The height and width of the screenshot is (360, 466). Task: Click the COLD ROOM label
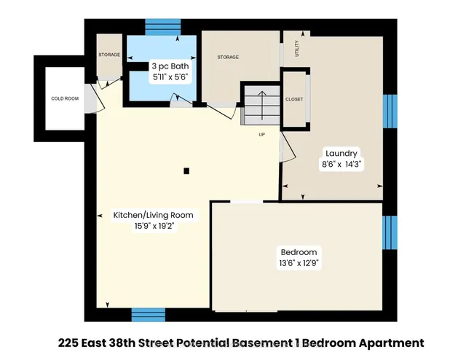[x=64, y=98]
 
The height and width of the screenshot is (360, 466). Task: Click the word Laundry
[x=341, y=153]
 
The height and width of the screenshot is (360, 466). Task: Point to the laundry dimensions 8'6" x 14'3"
[x=341, y=165]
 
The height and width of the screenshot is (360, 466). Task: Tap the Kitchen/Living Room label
[x=153, y=215]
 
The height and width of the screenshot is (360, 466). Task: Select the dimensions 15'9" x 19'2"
[x=153, y=226]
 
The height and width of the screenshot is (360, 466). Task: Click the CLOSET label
[x=294, y=99]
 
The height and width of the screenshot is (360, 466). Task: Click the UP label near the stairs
[x=261, y=135]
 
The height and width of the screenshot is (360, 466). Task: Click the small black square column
[x=186, y=171]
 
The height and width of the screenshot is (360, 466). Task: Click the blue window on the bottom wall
[x=148, y=314]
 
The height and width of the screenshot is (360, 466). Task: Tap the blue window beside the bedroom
[x=390, y=233]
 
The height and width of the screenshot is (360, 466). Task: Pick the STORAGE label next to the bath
[x=109, y=55]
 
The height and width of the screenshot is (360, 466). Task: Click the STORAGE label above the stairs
[x=228, y=57]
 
